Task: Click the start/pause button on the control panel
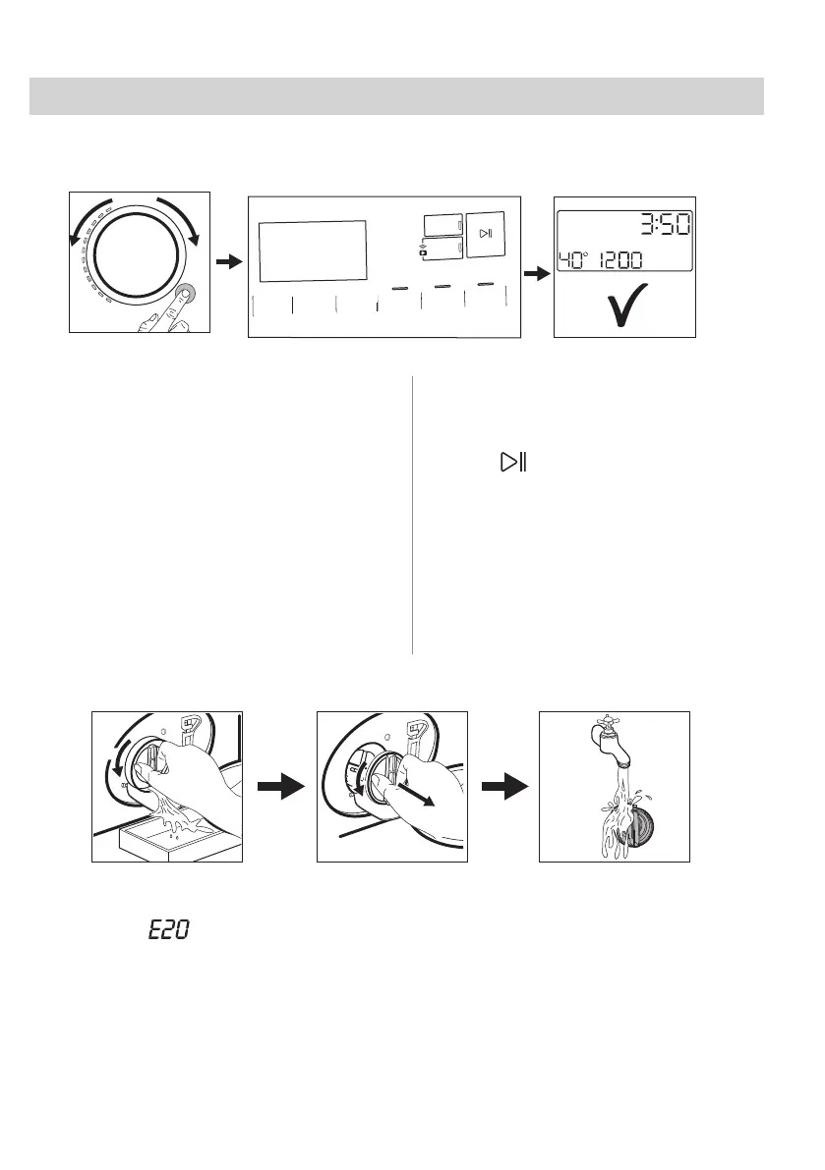(x=486, y=234)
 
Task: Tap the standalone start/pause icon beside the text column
(x=512, y=461)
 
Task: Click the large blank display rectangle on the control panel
(x=312, y=251)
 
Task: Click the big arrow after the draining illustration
(x=279, y=785)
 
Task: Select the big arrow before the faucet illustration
(x=503, y=785)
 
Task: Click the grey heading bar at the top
(x=396, y=96)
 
